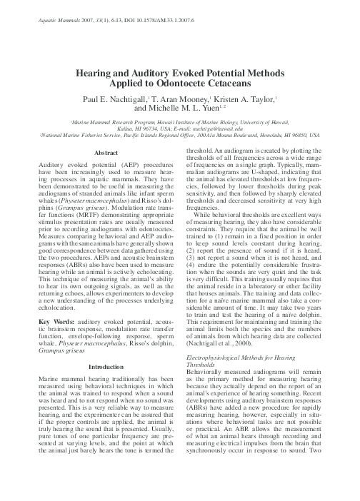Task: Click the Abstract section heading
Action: click(106, 153)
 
